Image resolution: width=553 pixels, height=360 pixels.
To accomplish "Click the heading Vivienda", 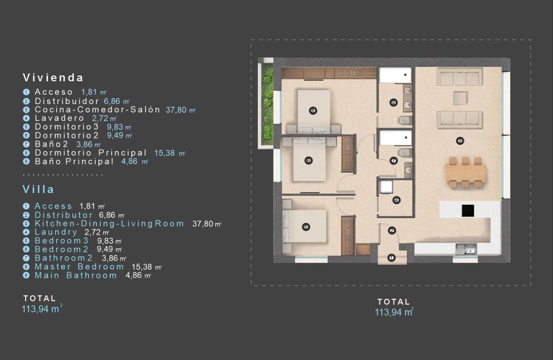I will pos(53,78).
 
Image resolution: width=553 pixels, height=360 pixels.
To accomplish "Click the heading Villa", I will pos(38,189).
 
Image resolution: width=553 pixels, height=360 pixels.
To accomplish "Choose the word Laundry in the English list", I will pos(56,232).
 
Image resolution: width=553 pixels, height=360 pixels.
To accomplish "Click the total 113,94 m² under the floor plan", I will pos(394,312).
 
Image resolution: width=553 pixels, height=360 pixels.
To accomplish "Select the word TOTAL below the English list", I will pos(39,298).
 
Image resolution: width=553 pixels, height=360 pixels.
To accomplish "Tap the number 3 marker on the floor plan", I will pos(460,141).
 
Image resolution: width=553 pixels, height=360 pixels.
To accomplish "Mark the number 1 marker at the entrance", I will pos(391,258).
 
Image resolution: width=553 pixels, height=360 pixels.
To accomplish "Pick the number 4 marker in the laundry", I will pos(396,200).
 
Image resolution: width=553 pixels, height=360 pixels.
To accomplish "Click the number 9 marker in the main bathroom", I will pos(394,102).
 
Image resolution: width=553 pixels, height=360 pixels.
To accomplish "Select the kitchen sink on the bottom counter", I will pos(466,248).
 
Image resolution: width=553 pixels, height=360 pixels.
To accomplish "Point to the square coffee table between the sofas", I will pos(460,98).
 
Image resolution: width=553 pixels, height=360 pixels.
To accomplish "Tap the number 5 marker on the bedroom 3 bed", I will pos(305,227).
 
